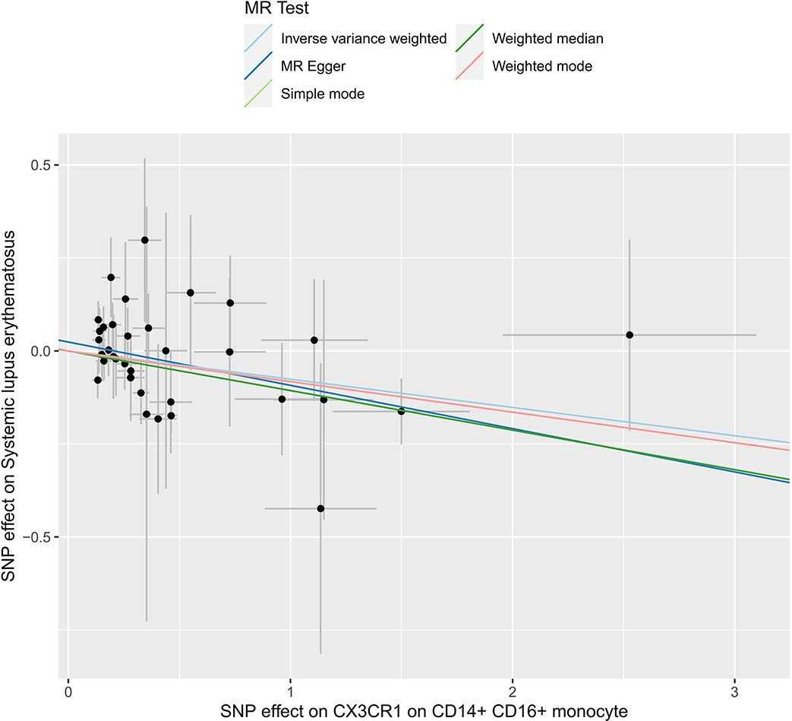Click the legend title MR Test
272,10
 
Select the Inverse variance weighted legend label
364,39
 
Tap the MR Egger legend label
313,66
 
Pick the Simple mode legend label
323,94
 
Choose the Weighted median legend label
547,39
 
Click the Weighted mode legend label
542,66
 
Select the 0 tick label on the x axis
68,692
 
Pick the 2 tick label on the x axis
513,692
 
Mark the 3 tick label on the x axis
734,692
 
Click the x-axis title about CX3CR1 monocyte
424,711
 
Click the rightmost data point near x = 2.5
629,335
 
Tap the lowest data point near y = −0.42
320,508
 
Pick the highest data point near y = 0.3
144,240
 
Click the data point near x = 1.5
401,411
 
